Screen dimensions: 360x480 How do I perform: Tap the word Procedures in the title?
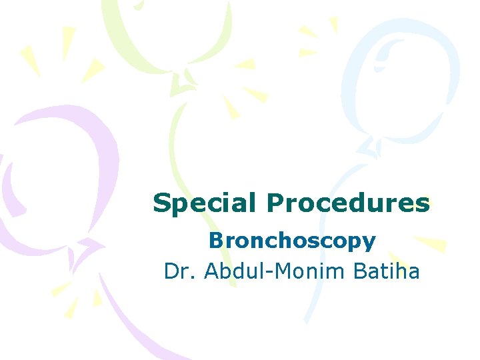pos(347,203)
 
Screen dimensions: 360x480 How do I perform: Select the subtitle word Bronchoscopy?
pos(292,241)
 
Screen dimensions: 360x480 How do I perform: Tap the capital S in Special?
pos(161,203)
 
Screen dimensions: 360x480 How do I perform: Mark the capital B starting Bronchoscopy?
pos(215,241)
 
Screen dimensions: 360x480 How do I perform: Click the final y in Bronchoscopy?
pos(369,243)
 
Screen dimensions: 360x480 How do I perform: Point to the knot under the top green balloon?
pos(181,83)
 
